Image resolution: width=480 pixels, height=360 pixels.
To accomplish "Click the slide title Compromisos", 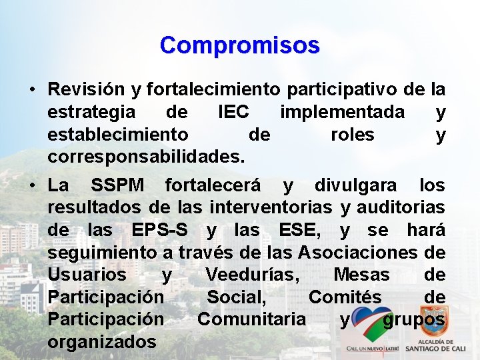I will tap(239, 45).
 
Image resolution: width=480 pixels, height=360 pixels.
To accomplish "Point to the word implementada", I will tap(342, 112).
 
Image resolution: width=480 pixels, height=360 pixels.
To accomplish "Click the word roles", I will tap(352, 135).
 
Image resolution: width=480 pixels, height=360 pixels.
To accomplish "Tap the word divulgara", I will tap(355, 184).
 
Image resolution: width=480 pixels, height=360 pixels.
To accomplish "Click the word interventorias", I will tap(272, 207).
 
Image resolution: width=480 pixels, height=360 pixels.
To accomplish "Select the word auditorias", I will tap(401, 207).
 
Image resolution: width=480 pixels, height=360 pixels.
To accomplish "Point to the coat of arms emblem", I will tap(433, 322).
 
